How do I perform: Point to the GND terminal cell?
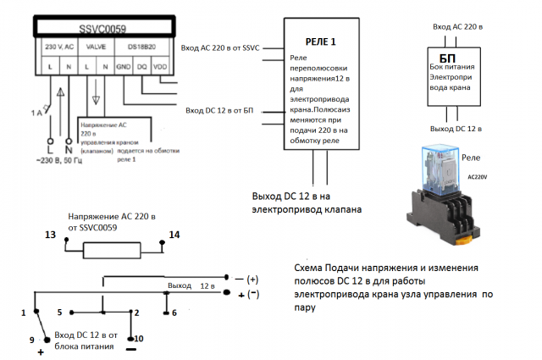(124, 66)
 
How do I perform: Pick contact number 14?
(174, 235)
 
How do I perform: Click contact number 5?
(60, 312)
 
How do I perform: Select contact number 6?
(174, 313)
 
